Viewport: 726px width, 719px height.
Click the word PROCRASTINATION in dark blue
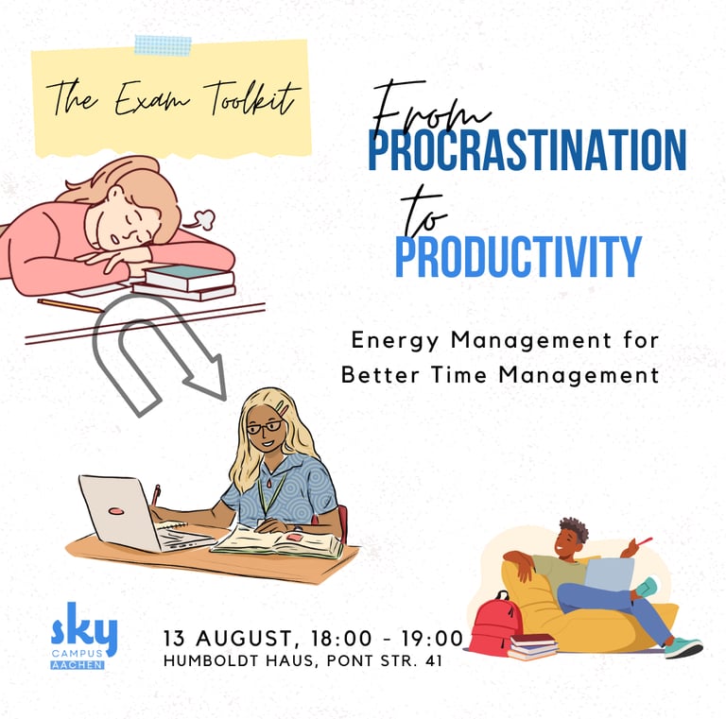tap(527, 150)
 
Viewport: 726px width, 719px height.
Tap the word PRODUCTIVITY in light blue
tap(519, 256)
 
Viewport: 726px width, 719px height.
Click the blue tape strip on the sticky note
tap(163, 45)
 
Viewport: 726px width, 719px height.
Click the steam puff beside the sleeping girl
tap(203, 219)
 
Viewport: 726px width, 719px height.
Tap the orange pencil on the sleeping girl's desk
tap(68, 306)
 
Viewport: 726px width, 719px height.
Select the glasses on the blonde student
tap(265, 427)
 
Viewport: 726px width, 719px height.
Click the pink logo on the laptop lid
tap(115, 511)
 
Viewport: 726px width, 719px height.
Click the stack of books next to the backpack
tap(532, 646)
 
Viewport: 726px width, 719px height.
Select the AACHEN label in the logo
tap(78, 665)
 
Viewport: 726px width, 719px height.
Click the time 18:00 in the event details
tap(341, 639)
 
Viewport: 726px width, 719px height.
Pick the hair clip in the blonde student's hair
tap(283, 408)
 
